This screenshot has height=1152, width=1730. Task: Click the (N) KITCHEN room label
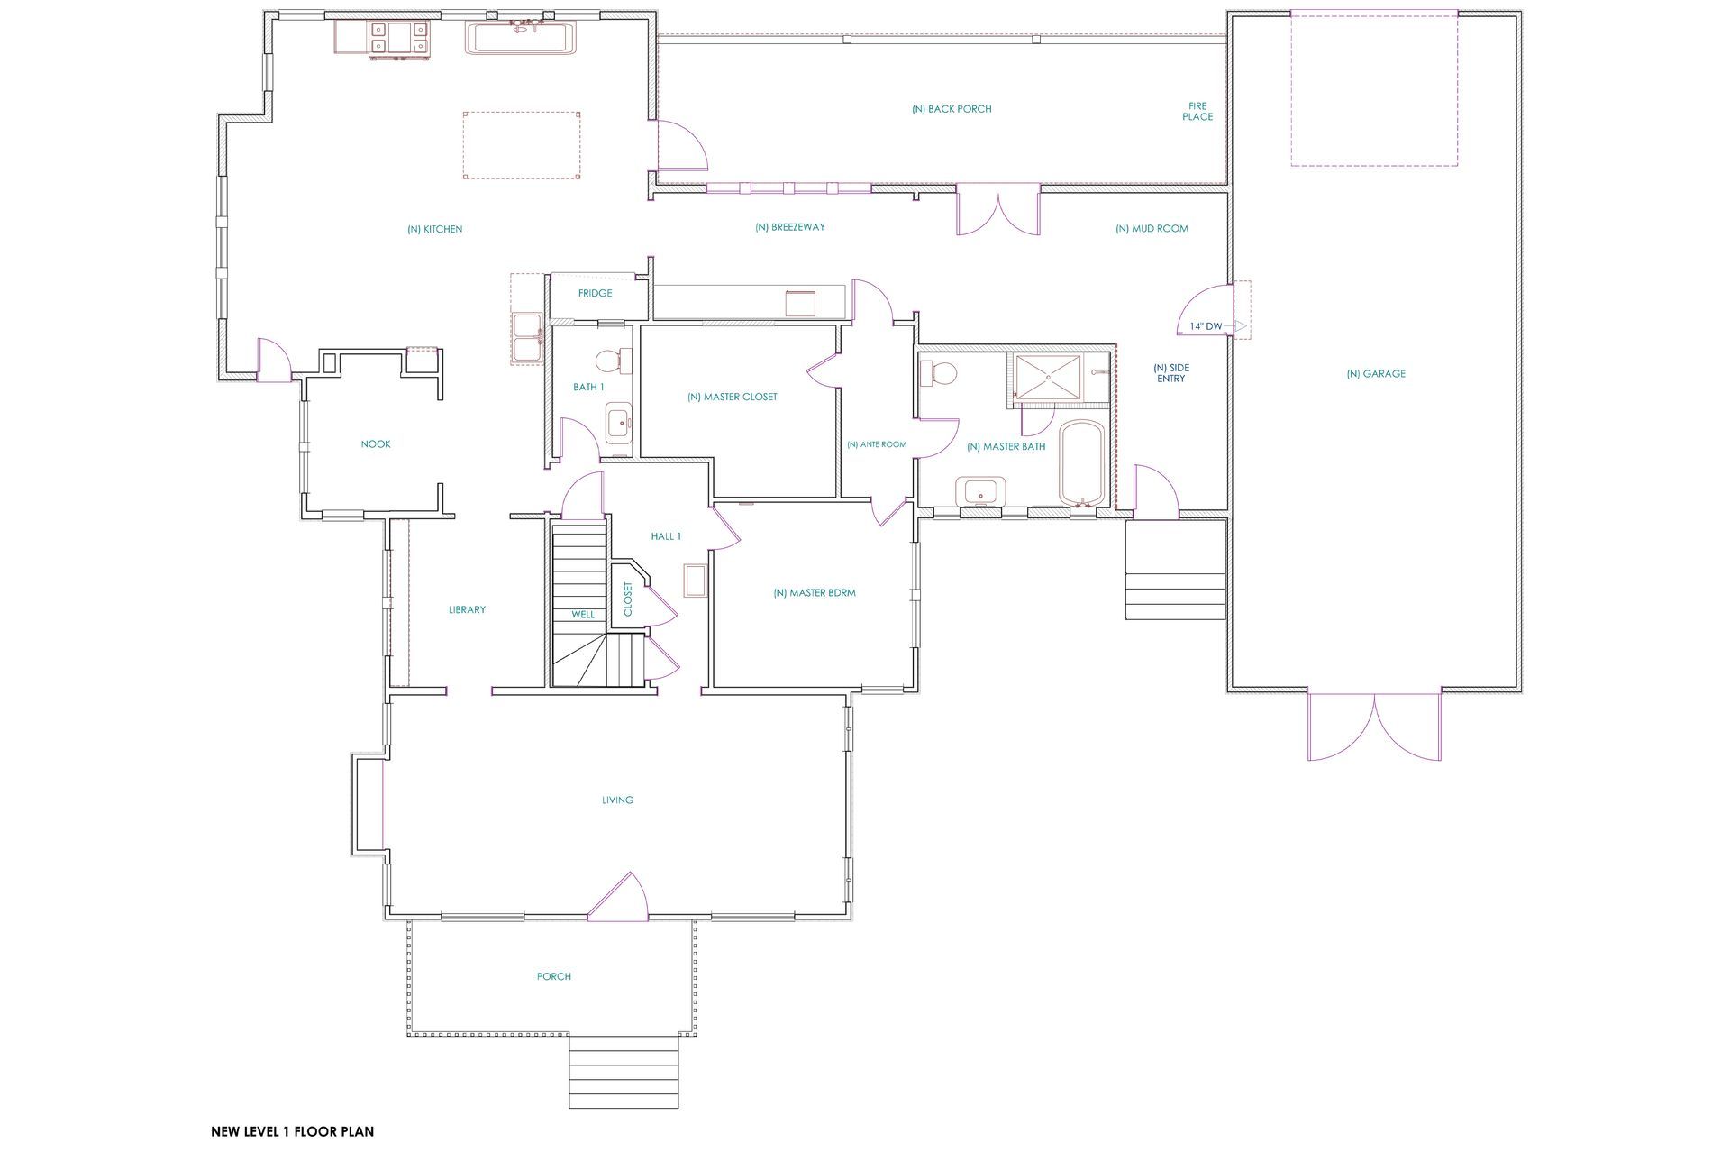434,230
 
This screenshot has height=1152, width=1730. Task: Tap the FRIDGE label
595,293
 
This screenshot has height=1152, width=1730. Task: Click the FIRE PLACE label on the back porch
1197,111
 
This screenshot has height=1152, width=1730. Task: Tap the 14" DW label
1206,326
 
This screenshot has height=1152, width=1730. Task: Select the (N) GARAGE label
1375,374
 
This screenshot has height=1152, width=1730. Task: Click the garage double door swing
1374,727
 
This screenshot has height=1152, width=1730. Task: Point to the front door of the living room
618,897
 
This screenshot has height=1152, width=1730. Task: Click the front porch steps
624,1072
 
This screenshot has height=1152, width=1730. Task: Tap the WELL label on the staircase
583,615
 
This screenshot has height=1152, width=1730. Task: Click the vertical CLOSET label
628,599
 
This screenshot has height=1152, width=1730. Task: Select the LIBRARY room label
467,610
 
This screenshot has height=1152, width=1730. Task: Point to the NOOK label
376,444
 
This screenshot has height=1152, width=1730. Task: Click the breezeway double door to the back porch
998,209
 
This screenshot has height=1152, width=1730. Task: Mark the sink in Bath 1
619,423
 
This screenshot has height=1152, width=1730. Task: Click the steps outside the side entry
1176,571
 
